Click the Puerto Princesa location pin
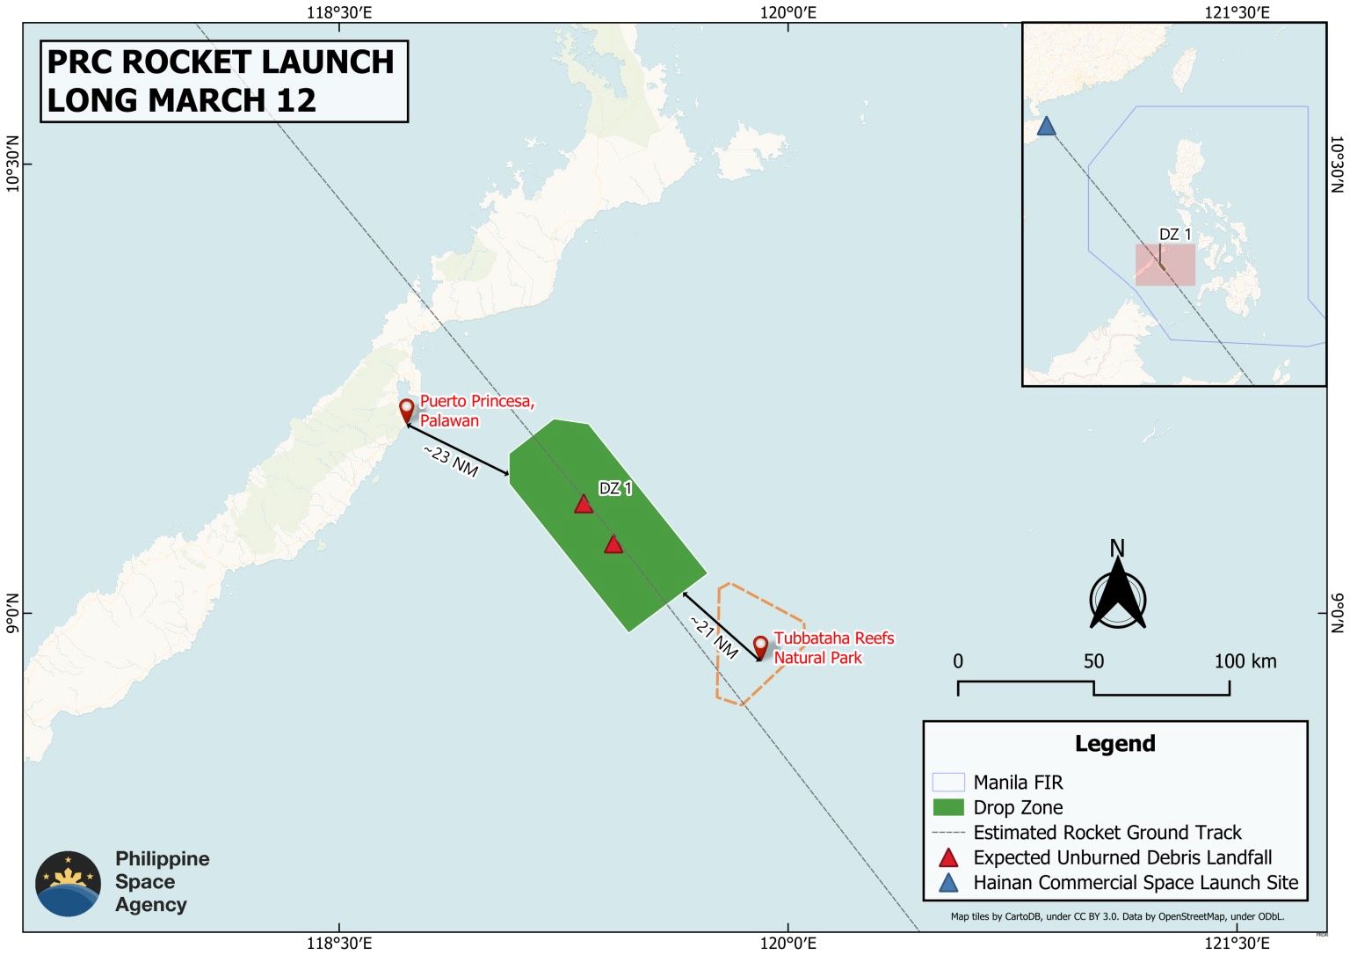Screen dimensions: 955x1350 [406, 411]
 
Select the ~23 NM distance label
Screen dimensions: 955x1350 [451, 461]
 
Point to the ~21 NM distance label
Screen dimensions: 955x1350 [714, 637]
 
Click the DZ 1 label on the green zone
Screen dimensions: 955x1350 [615, 488]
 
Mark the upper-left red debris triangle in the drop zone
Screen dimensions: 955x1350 [584, 504]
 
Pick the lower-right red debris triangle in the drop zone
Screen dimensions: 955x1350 [613, 544]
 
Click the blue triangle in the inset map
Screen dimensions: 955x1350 [1046, 127]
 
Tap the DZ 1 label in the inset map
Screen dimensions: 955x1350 [1175, 234]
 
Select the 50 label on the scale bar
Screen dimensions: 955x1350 [1093, 661]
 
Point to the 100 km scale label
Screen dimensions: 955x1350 [1245, 661]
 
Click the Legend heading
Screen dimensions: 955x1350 [1114, 744]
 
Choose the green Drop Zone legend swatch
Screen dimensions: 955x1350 [948, 807]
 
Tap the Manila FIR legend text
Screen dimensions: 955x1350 [1018, 783]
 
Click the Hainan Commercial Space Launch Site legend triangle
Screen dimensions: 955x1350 [948, 883]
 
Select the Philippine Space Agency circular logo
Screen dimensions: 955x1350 [69, 883]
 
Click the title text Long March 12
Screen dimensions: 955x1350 [181, 100]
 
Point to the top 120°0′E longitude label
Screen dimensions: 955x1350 [788, 11]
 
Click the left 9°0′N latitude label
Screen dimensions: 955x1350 [11, 613]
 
